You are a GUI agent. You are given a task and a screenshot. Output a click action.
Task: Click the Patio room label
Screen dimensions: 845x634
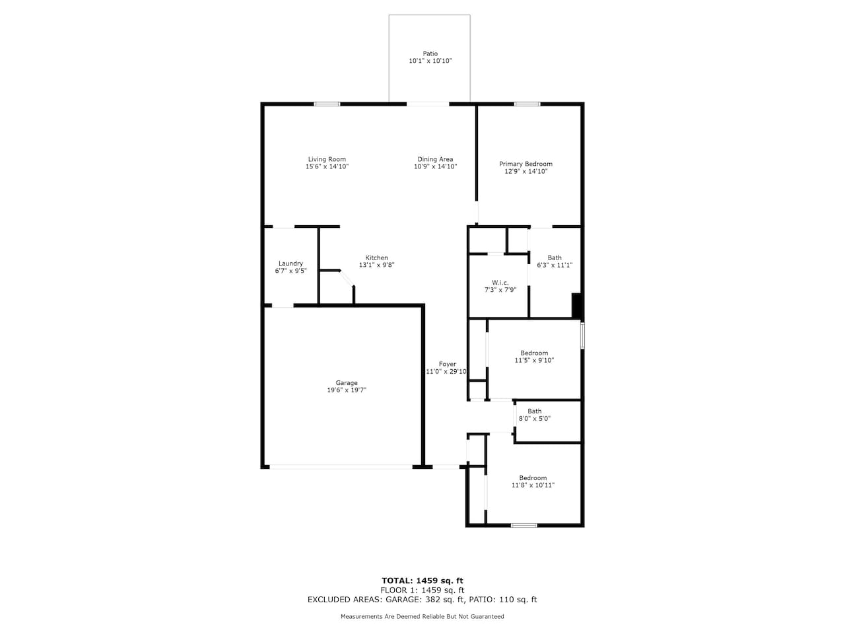pyautogui.click(x=430, y=53)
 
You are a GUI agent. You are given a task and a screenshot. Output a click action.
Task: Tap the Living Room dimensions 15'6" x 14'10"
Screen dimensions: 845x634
pyautogui.click(x=327, y=166)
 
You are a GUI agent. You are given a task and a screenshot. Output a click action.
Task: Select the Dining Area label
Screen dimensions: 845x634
pyautogui.click(x=435, y=159)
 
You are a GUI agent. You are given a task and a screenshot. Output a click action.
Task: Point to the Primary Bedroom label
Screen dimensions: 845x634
pyautogui.click(x=525, y=164)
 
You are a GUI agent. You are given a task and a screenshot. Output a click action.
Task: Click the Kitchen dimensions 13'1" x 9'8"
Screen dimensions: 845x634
pyautogui.click(x=376, y=265)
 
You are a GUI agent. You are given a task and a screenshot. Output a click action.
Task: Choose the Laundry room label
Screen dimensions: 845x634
pyautogui.click(x=290, y=264)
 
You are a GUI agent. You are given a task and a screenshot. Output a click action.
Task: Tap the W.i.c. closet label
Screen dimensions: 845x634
pyautogui.click(x=500, y=283)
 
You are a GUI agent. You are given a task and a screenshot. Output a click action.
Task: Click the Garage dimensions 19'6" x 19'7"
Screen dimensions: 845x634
pyautogui.click(x=347, y=390)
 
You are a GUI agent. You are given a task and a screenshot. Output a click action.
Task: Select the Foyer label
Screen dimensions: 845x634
pyautogui.click(x=448, y=364)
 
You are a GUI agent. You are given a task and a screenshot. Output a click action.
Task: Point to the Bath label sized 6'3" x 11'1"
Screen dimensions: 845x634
pyautogui.click(x=555, y=258)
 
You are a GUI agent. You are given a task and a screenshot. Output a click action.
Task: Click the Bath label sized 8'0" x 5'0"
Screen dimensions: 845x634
pyautogui.click(x=534, y=411)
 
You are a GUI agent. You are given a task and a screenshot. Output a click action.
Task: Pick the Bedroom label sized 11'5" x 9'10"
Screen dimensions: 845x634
pyautogui.click(x=534, y=353)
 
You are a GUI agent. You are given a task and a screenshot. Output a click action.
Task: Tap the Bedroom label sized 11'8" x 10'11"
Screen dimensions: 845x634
pyautogui.click(x=533, y=477)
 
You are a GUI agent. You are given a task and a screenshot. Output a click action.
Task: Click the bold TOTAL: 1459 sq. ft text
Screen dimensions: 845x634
pyautogui.click(x=422, y=581)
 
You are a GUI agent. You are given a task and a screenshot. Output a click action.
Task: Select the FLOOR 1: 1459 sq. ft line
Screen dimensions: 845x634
pyautogui.click(x=422, y=590)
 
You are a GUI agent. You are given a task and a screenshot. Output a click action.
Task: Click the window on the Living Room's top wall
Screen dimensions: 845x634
pyautogui.click(x=327, y=104)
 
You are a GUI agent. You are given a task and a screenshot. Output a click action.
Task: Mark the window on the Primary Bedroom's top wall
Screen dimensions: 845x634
pyautogui.click(x=527, y=104)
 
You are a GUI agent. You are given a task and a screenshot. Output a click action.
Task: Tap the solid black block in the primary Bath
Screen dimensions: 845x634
pyautogui.click(x=576, y=306)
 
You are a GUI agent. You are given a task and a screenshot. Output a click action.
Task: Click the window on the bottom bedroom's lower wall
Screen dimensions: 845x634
pyautogui.click(x=524, y=526)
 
